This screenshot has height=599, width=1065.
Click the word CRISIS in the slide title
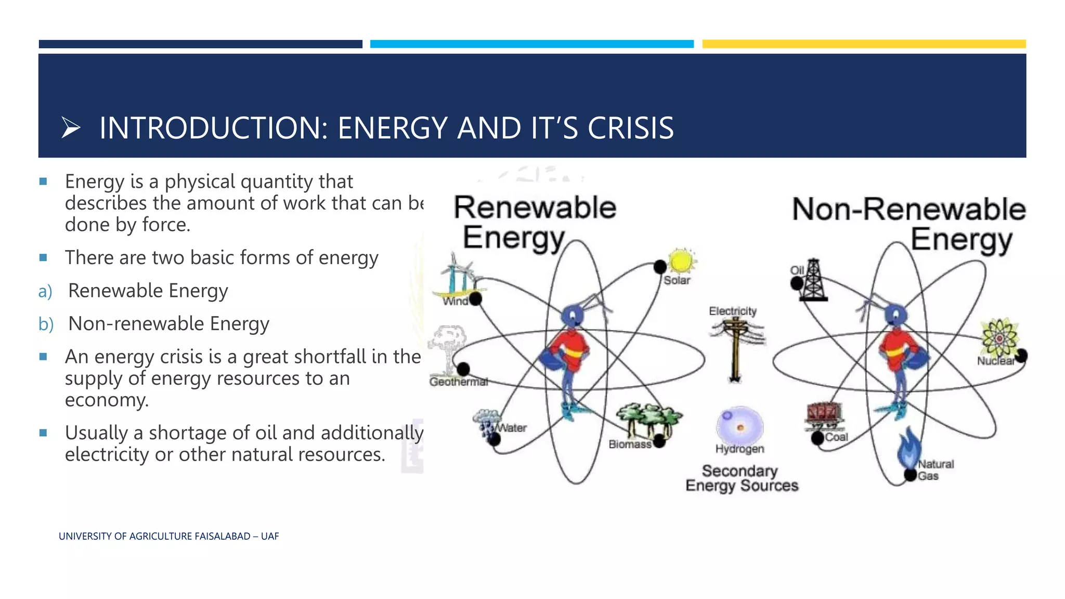tap(630, 128)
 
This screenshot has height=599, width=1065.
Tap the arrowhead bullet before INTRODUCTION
tap(71, 128)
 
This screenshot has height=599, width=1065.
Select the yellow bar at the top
tap(863, 44)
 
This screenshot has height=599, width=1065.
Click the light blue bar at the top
tap(531, 44)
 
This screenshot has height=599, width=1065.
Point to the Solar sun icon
tap(681, 261)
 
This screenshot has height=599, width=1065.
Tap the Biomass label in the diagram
tap(629, 445)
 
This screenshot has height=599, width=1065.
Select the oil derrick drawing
tap(813, 281)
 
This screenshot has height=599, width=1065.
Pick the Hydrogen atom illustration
tap(739, 425)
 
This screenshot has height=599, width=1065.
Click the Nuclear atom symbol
tap(998, 338)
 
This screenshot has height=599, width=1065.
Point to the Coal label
tap(836, 437)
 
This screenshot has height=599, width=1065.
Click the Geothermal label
tap(458, 382)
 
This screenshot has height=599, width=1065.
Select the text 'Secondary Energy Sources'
tap(741, 478)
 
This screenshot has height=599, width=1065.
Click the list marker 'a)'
tap(45, 291)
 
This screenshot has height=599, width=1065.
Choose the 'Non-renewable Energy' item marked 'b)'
tap(168, 323)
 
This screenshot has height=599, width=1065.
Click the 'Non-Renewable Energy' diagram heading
tap(908, 224)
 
